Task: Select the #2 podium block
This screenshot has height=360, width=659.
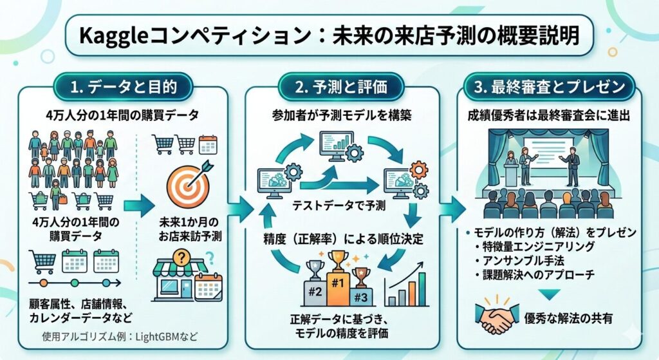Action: (x=315, y=291)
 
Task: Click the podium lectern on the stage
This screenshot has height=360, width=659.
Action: (x=510, y=171)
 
